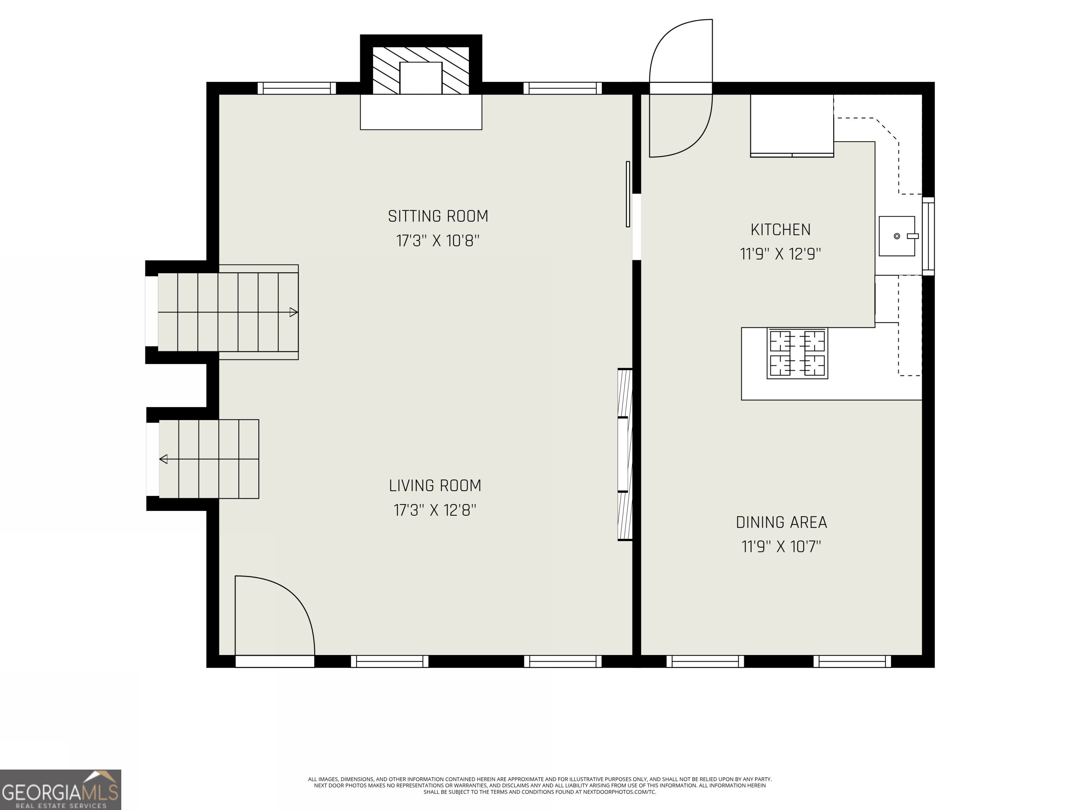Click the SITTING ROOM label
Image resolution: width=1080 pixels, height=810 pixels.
point(438,216)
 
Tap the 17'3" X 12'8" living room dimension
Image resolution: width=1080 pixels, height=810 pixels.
point(435,510)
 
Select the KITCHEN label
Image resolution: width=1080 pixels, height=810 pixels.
point(780,230)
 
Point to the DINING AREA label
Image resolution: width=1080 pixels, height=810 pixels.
point(781,522)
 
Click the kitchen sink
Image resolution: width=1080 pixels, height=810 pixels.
point(896,236)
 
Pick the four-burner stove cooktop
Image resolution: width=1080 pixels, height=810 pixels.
point(797,353)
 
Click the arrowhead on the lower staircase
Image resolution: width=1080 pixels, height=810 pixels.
point(163,459)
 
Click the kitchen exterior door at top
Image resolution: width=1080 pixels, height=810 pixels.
point(681,88)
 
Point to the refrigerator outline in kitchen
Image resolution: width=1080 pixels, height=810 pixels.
point(791,126)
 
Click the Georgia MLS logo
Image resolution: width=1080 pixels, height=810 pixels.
point(60,790)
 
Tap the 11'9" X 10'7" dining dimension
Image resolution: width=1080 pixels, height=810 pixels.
point(781,546)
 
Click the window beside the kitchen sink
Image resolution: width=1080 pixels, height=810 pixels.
point(928,236)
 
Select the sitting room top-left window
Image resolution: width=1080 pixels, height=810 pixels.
point(297,88)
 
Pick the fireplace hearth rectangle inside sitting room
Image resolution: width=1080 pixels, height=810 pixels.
point(421,112)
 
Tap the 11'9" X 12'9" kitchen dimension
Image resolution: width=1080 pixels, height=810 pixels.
point(780,254)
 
